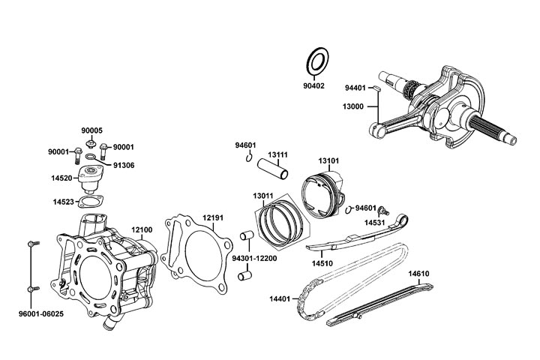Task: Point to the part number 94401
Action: [x=355, y=88]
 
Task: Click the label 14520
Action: [x=62, y=178]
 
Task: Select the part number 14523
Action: [x=63, y=202]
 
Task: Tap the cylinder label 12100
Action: [x=142, y=229]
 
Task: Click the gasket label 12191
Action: [x=213, y=218]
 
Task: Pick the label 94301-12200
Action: [x=256, y=257]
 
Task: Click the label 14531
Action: [x=375, y=223]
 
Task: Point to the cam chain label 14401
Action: [x=280, y=299]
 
